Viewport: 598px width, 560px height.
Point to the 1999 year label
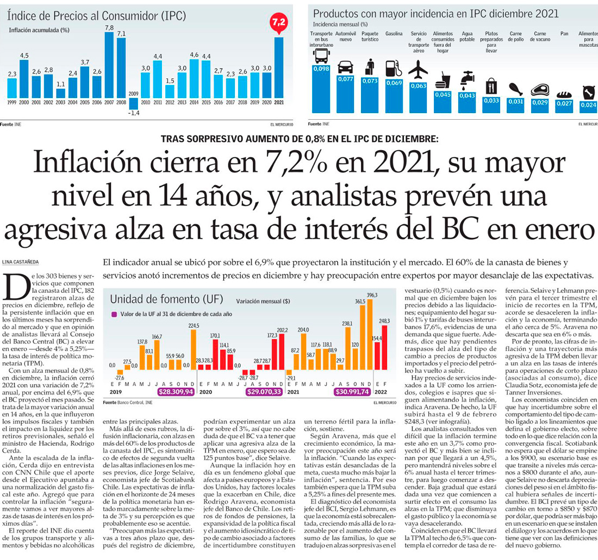[x=11, y=102]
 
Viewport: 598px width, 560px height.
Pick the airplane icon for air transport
[x=418, y=70]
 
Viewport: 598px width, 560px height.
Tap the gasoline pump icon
[x=393, y=69]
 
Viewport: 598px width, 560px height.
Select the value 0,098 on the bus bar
[x=321, y=69]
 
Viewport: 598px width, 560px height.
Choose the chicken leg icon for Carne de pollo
[x=515, y=89]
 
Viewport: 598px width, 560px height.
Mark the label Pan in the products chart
[x=564, y=34]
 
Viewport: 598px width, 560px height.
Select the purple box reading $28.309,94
[x=176, y=391]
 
